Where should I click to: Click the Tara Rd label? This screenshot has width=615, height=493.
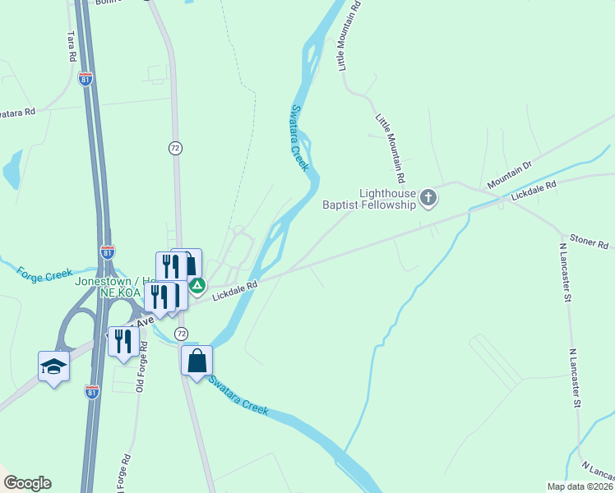pyautogui.click(x=71, y=48)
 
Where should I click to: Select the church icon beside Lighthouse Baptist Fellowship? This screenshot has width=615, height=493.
pyautogui.click(x=428, y=197)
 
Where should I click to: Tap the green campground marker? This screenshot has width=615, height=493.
pyautogui.click(x=197, y=286)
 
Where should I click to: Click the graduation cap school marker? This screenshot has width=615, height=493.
pyautogui.click(x=53, y=365)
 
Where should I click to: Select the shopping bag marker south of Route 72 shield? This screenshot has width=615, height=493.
pyautogui.click(x=197, y=360)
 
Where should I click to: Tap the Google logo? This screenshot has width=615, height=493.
pyautogui.click(x=27, y=482)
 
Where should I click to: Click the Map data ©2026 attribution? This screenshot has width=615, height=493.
pyautogui.click(x=579, y=486)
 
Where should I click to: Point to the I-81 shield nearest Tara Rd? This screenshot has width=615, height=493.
pyautogui.click(x=86, y=79)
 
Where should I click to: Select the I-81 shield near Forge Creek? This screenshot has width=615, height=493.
pyautogui.click(x=108, y=252)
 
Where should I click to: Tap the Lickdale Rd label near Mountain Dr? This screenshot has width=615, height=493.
pyautogui.click(x=534, y=191)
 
